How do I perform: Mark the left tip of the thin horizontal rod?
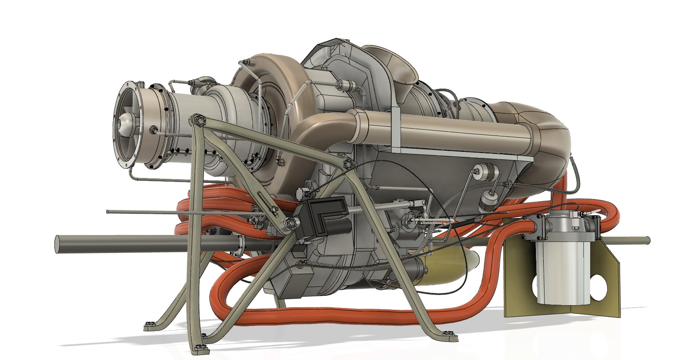click(x=108, y=212)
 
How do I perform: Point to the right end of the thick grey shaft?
click(x=648, y=240)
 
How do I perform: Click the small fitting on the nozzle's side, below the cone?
click(x=154, y=130)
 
